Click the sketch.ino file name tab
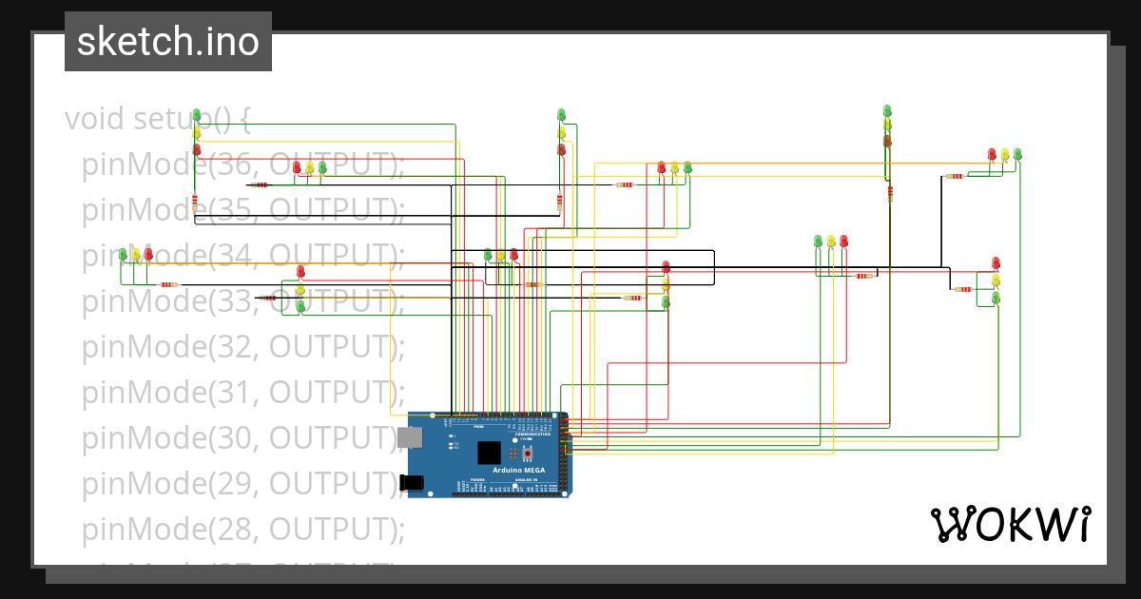(168, 42)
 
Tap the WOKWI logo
(1010, 524)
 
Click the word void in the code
(95, 120)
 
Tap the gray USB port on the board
(410, 437)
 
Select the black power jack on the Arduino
(413, 483)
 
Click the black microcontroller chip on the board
(489, 453)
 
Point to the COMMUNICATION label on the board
(532, 434)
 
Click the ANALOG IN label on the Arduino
(526, 480)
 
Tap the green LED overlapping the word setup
(197, 116)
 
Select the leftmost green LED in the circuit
(123, 254)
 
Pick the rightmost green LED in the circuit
(1017, 154)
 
